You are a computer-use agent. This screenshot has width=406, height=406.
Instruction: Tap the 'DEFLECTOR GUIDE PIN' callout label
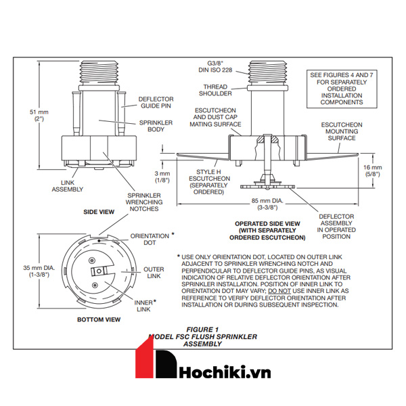(x=156, y=103)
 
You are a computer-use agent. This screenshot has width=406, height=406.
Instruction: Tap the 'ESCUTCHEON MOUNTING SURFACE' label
(x=342, y=132)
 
